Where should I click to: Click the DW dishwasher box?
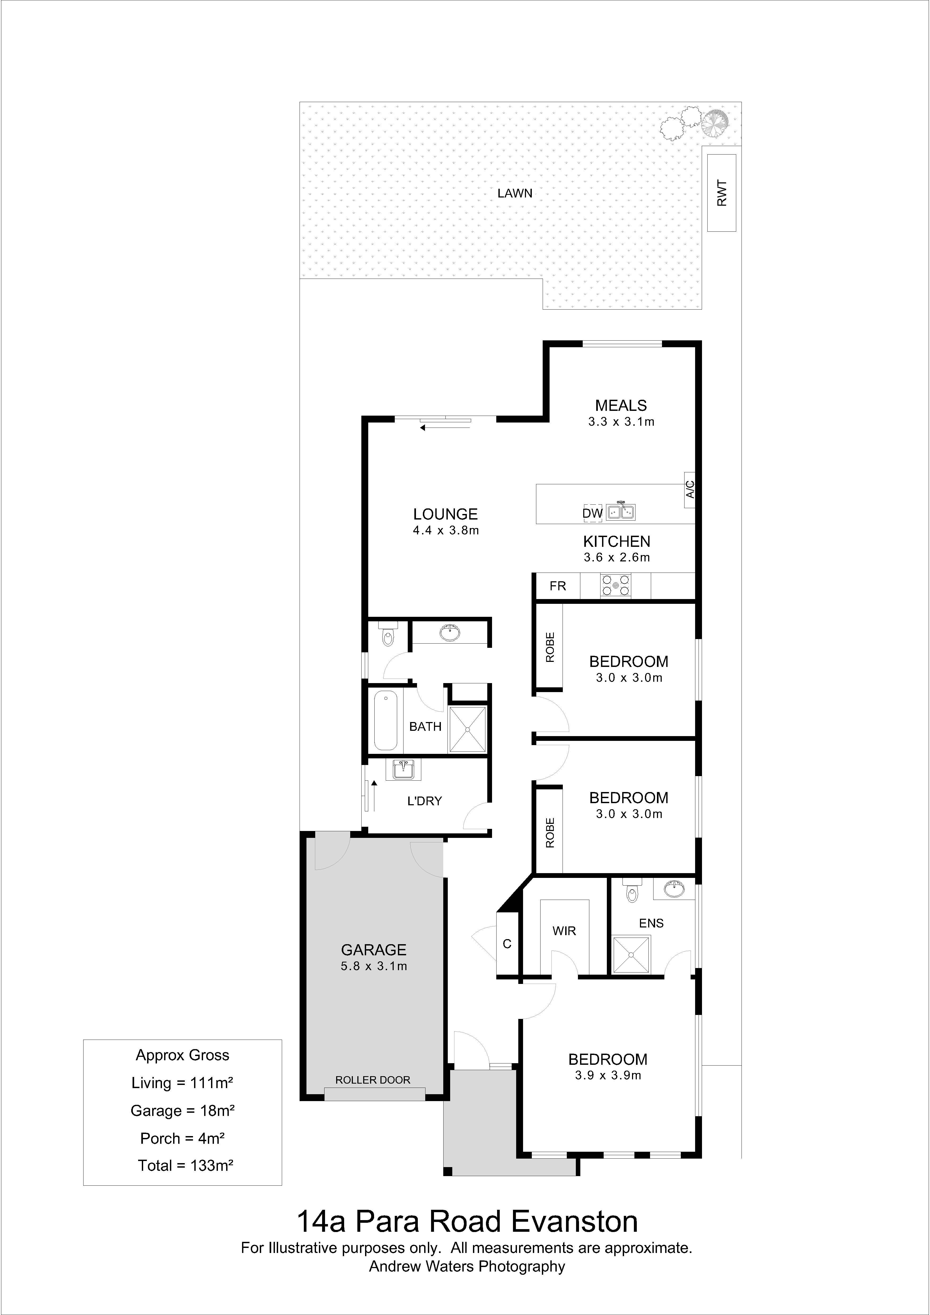click(593, 513)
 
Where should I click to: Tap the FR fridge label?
click(558, 586)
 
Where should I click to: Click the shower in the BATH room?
click(467, 729)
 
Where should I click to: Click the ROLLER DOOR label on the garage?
click(373, 1080)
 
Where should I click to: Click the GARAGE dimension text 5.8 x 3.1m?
click(374, 966)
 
